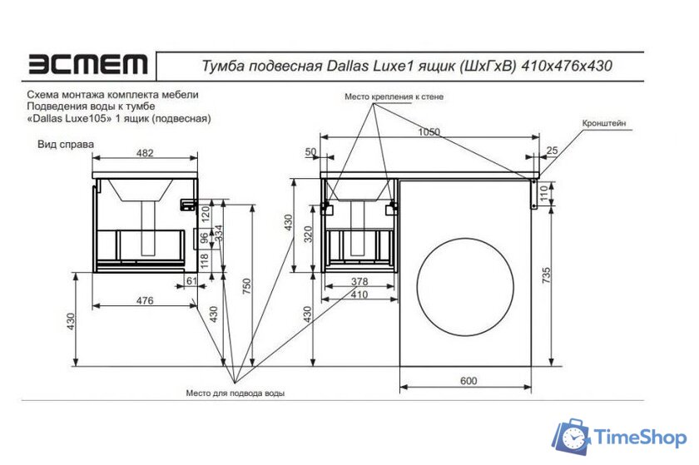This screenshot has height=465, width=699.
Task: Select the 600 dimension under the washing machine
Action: click(468, 380)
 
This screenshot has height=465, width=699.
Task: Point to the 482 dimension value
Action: click(145, 152)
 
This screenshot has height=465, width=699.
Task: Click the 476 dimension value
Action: click(145, 300)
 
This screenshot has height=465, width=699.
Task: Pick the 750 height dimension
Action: click(245, 284)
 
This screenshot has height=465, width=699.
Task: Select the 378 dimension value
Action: click(359, 282)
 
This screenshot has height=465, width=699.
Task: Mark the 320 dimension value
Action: click(307, 235)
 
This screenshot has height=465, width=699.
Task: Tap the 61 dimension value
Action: click(191, 282)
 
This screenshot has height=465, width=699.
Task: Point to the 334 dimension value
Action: click(219, 235)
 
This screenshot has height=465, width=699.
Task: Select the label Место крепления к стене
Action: click(394, 97)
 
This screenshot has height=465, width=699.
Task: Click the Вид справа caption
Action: click(65, 143)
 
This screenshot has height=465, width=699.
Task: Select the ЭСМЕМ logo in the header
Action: click(88, 64)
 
